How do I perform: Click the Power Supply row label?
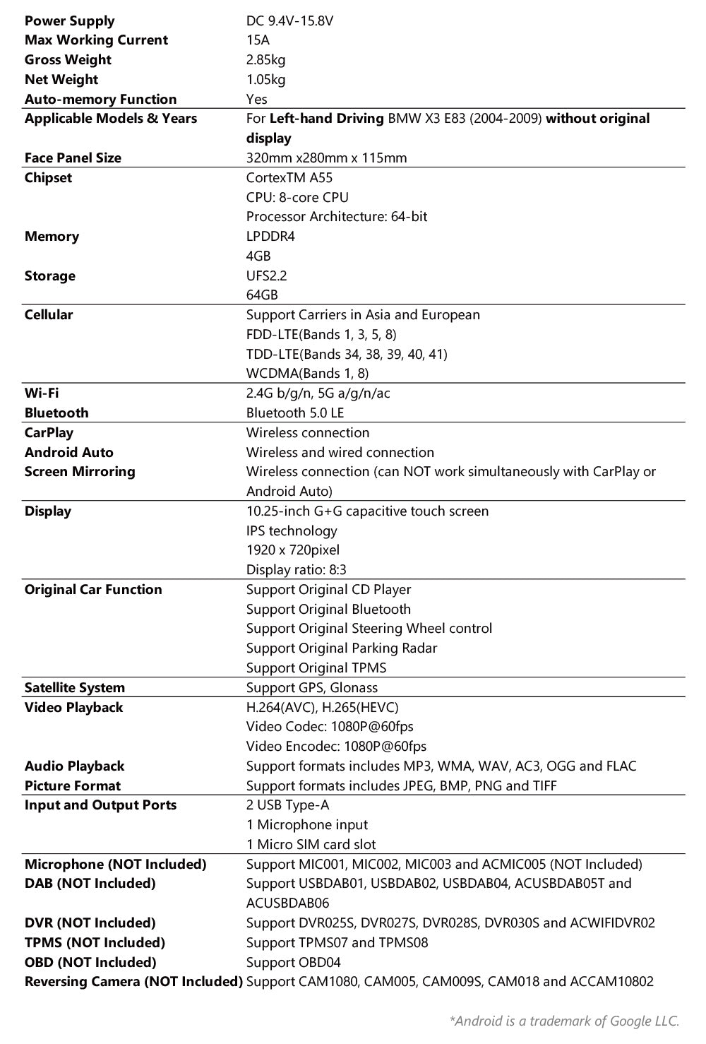tap(69, 20)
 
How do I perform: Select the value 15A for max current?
tap(258, 40)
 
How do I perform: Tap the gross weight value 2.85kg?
tap(265, 60)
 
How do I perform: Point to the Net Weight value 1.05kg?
tap(265, 79)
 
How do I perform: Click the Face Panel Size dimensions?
tap(326, 158)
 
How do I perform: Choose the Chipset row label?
tap(48, 177)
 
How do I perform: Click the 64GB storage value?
tap(262, 295)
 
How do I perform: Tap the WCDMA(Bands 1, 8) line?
tap(307, 373)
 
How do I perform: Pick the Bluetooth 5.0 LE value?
tap(295, 413)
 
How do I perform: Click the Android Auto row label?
tap(68, 452)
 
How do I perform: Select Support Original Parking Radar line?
tap(342, 648)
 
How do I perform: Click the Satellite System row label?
tap(74, 687)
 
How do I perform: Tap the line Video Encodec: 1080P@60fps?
tap(336, 746)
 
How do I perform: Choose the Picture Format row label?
tap(72, 785)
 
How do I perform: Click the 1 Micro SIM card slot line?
tap(311, 844)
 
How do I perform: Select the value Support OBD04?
tap(289, 962)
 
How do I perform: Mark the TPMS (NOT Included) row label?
tap(95, 942)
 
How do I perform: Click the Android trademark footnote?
tap(564, 1020)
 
